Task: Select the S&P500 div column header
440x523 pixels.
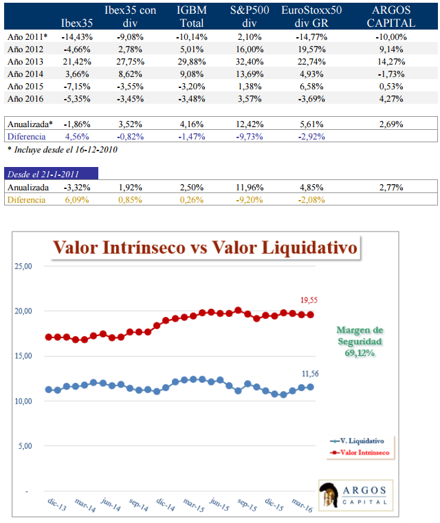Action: (245, 16)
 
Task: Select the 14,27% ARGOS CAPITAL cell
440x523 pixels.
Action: (390, 61)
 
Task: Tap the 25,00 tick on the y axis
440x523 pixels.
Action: (23, 266)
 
